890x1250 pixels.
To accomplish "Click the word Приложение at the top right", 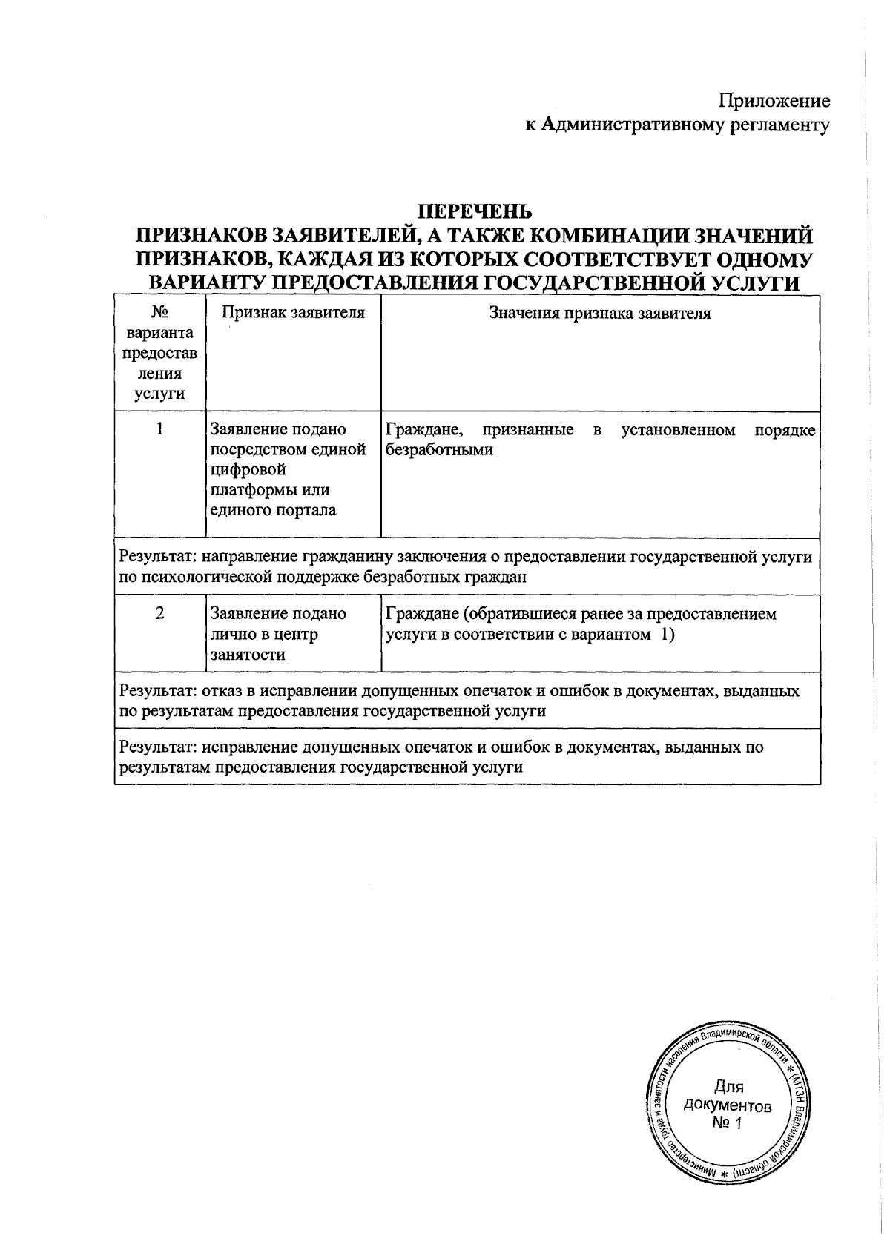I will (775, 102).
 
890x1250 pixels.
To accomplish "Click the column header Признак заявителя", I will (294, 313).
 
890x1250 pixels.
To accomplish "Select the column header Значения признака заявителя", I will (599, 313).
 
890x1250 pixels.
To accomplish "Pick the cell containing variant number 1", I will (159, 429).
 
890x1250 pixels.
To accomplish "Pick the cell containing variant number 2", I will (159, 614).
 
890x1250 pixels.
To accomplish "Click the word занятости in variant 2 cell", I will (248, 655).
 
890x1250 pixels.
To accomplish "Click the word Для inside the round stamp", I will (728, 1087).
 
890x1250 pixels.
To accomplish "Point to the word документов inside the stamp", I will (728, 1105).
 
